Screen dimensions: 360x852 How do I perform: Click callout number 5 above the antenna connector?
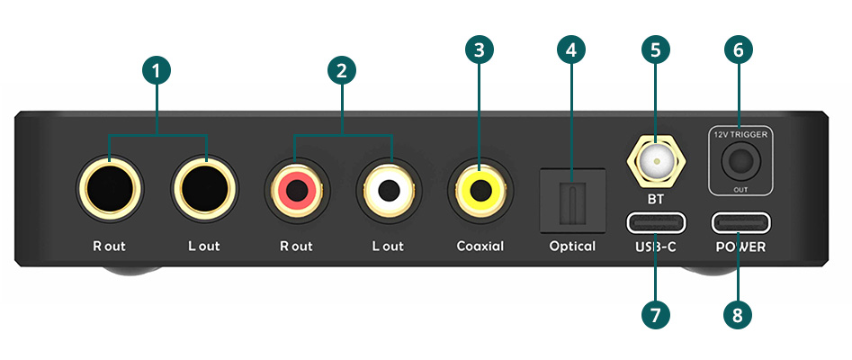(x=655, y=50)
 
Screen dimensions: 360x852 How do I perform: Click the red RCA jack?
(x=296, y=190)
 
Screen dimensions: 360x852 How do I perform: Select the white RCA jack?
(x=388, y=190)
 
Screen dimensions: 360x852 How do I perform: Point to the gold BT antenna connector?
(x=655, y=163)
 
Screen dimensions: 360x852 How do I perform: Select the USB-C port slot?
(x=655, y=221)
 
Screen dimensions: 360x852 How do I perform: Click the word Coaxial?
(x=480, y=246)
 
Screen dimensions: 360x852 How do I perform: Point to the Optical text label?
(x=572, y=246)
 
